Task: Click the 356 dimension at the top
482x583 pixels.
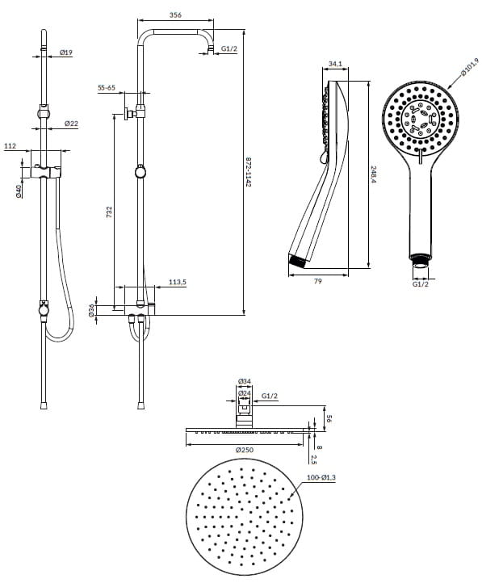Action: pos(175,15)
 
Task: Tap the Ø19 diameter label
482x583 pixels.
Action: pos(65,52)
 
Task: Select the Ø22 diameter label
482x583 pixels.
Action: pos(71,123)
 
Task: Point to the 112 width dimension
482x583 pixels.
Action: pos(10,145)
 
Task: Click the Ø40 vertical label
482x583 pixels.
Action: pos(19,191)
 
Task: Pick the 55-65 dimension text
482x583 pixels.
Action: pos(107,88)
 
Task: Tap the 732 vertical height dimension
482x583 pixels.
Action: pos(109,212)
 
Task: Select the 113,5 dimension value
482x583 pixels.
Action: pos(178,282)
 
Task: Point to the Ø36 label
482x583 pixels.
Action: pos(91,310)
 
